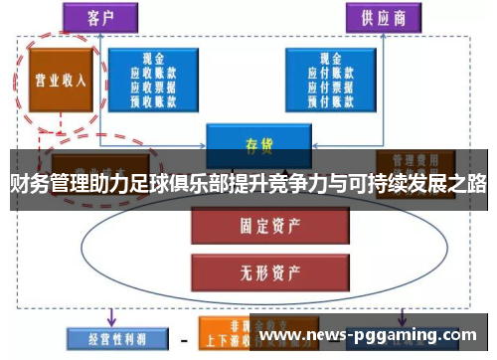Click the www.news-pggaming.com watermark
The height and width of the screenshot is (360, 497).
[368, 336]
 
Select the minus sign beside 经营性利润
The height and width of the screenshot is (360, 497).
[183, 338]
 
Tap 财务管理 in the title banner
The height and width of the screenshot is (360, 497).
[45, 184]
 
